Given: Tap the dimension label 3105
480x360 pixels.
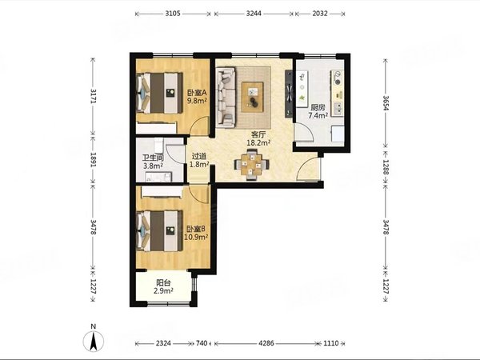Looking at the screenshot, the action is (173, 14).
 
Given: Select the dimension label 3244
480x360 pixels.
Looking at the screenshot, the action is (254, 14).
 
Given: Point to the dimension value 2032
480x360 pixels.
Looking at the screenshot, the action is (320, 14).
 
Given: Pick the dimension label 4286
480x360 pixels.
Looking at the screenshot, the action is (266, 343).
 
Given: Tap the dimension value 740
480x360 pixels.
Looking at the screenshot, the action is (202, 343).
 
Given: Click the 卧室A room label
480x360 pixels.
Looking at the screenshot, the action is (197, 92).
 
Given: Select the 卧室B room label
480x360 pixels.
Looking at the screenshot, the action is (196, 229).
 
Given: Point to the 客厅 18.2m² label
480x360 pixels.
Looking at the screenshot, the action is (258, 138).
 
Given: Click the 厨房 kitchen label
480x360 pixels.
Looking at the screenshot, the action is (318, 108).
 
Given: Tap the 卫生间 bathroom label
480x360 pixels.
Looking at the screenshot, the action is (153, 158).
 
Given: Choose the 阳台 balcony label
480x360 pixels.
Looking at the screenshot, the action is (163, 282).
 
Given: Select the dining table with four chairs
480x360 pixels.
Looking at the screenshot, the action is (252, 164).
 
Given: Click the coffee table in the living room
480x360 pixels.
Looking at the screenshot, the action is (252, 97).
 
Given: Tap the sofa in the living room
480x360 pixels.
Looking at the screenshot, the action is (226, 98).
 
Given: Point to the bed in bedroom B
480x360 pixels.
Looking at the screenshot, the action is (159, 230).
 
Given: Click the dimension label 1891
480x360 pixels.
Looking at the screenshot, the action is (93, 160).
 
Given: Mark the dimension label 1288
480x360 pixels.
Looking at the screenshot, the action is (386, 167).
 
